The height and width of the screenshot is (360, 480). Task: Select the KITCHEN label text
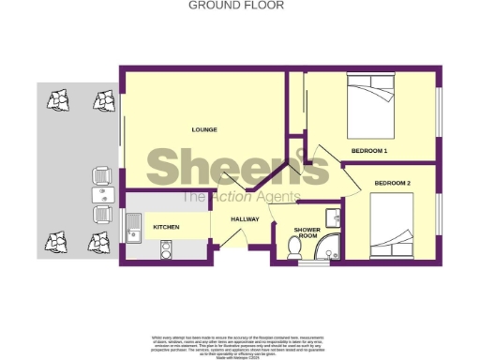[x=166, y=227]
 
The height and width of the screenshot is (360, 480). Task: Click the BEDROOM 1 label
[x=369, y=150]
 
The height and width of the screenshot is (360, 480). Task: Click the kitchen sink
[x=133, y=227]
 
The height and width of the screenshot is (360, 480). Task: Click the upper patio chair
[x=102, y=174]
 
